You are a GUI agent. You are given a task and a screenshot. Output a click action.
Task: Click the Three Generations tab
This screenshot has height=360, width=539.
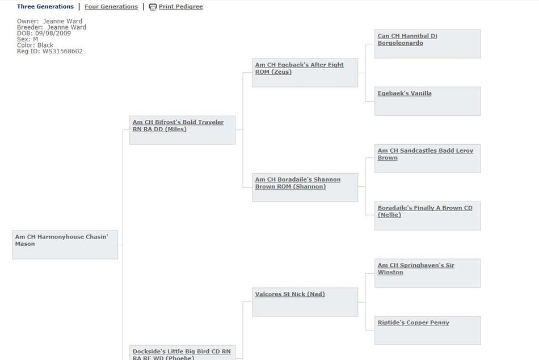[x=45, y=7]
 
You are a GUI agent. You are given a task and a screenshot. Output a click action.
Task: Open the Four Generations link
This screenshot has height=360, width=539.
[x=111, y=7]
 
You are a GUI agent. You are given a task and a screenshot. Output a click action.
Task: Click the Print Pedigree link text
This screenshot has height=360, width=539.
[x=181, y=7]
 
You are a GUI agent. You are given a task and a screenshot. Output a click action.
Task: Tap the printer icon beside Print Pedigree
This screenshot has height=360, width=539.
[x=153, y=7]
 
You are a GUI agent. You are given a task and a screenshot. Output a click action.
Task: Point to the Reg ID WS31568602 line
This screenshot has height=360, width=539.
[x=50, y=51]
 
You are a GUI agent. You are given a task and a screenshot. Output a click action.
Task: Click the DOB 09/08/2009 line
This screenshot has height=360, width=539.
[x=44, y=34]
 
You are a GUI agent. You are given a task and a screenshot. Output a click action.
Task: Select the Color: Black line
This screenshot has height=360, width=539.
[x=35, y=45]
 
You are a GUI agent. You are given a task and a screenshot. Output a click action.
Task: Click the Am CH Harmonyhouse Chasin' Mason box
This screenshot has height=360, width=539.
[x=65, y=245]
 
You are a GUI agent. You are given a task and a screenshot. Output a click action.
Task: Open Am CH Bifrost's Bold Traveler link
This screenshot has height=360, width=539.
[x=178, y=125]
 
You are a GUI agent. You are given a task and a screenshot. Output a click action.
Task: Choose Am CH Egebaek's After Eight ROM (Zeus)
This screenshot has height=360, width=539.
[x=300, y=68]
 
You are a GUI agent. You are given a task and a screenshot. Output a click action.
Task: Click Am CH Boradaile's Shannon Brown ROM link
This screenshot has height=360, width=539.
[x=298, y=183]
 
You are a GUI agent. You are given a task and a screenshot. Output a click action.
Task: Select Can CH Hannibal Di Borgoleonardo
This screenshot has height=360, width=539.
[x=407, y=39]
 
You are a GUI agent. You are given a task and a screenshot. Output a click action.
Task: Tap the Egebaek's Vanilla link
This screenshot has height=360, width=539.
[x=405, y=93]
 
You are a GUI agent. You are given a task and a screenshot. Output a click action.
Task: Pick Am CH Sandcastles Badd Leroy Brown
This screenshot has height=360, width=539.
[x=426, y=154]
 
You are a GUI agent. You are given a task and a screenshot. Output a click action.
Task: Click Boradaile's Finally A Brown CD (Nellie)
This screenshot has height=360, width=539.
[x=425, y=211]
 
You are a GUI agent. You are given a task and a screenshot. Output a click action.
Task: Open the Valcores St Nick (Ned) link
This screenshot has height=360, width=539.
[x=290, y=294]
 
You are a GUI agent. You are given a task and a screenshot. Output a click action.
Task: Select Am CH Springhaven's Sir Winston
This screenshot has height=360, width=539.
[x=416, y=269]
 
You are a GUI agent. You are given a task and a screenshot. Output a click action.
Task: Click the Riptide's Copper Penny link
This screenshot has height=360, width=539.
[x=413, y=323]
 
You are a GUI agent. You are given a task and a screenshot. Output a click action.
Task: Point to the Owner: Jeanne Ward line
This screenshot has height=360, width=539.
[x=49, y=22]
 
